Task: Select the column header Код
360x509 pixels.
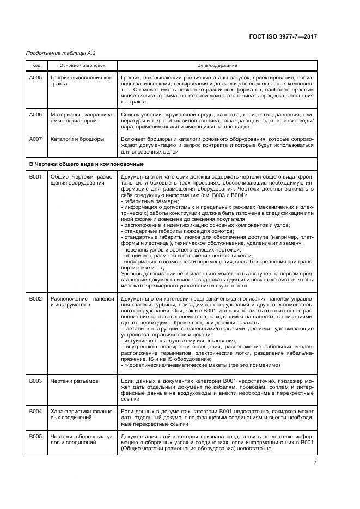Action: (36, 65)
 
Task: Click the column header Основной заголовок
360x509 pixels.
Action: (82, 65)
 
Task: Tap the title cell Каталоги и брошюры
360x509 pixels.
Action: (77, 139)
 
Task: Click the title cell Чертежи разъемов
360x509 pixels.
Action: (75, 381)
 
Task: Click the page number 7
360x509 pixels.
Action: (315, 462)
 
